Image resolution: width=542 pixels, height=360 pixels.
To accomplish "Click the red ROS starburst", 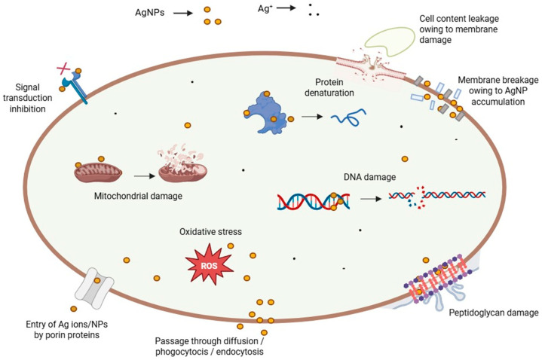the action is coord(209,264).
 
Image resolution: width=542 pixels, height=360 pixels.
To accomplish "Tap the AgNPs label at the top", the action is coord(149,13).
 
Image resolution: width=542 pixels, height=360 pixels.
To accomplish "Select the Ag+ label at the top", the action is coord(265,8).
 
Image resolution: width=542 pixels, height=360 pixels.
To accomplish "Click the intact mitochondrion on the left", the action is coord(98,172).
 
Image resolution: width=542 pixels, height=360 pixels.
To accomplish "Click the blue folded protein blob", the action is coord(266,113).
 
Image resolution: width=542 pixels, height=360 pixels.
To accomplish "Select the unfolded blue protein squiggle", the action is coord(348,117).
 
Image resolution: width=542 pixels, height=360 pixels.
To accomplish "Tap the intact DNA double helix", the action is coord(314,202).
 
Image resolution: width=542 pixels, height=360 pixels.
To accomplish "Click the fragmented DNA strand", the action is coord(437,197).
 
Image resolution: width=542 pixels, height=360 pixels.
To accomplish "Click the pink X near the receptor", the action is coord(63,69).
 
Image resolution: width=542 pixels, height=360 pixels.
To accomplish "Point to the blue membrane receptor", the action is coord(75,87).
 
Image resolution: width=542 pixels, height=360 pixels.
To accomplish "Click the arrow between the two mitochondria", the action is coord(145,176).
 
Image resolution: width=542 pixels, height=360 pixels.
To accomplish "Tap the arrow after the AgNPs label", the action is coord(183,14).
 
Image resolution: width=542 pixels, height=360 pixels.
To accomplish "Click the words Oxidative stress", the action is coord(210,231).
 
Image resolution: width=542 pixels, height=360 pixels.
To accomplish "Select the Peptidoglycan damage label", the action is coord(494,313).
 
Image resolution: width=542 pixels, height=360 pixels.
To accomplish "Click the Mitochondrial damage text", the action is coord(138,197).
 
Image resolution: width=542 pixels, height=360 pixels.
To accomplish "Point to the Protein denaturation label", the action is coord(329,87).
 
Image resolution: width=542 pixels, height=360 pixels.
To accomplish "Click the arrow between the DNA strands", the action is coord(371,199).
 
